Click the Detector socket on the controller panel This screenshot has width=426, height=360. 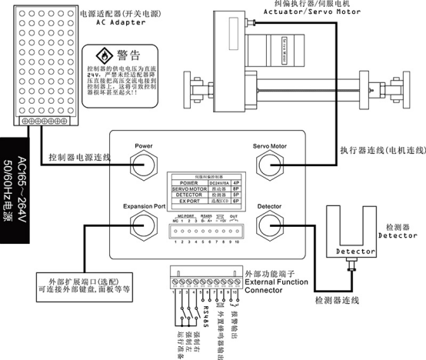click(270, 225)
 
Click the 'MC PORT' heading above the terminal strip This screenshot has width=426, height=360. click(179, 217)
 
